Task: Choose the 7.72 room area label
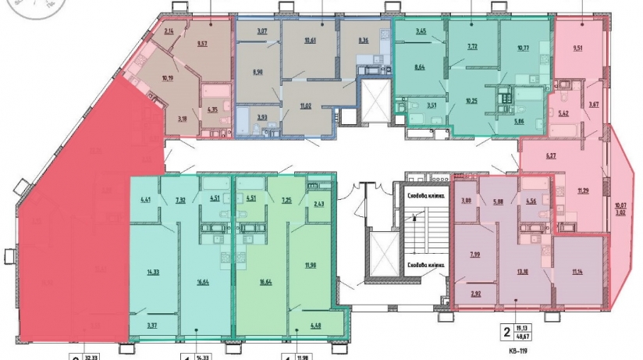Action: [472, 47]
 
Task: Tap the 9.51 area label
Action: [578, 48]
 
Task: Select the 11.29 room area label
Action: [583, 190]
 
